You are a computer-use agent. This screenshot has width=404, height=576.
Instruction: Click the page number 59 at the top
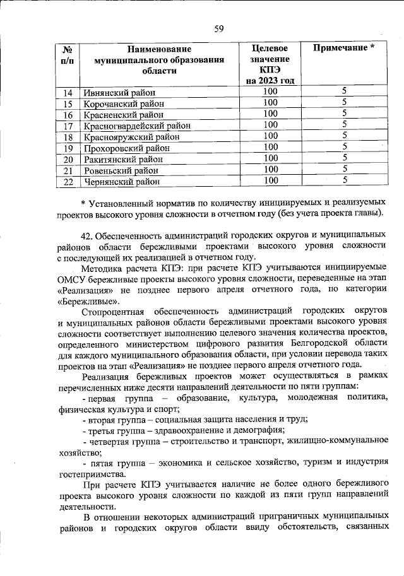pos(218,28)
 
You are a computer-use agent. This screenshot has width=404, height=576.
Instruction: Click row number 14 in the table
pos(69,93)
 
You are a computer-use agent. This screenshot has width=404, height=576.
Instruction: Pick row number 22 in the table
pos(69,182)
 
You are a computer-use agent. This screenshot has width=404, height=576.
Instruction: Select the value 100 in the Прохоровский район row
pos(270,147)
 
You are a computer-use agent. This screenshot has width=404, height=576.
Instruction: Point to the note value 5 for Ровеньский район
pos(345,169)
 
